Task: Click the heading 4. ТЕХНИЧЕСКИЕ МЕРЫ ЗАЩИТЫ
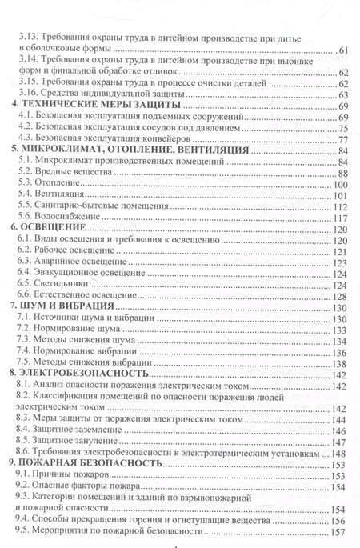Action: (x=98, y=105)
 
